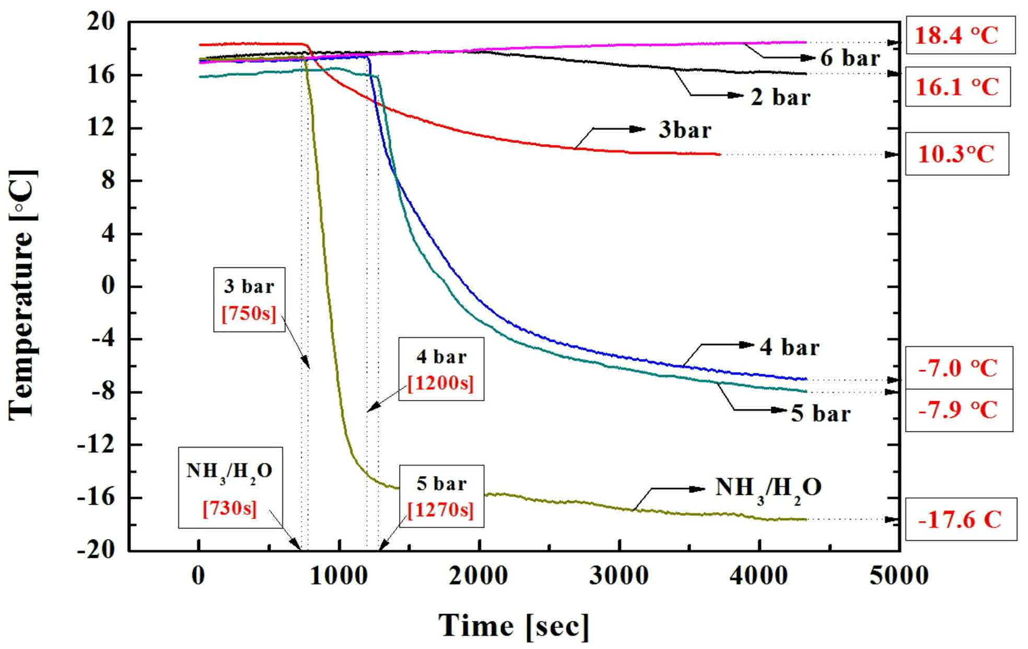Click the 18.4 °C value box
coord(960,36)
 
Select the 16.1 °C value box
coord(957,86)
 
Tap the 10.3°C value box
coord(956,154)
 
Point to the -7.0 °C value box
coord(959,368)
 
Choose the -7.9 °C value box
coord(959,410)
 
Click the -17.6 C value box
coord(961,519)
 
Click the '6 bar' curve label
coord(850,57)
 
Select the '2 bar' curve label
coord(780,97)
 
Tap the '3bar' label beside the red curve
coord(685,129)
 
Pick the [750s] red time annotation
coord(249,313)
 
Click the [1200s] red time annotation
coord(441,384)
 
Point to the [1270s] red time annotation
coord(441,510)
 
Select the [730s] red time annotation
coord(230,508)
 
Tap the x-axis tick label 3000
coord(620,576)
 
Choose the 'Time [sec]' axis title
coord(514,626)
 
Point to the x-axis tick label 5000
coord(898,576)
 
